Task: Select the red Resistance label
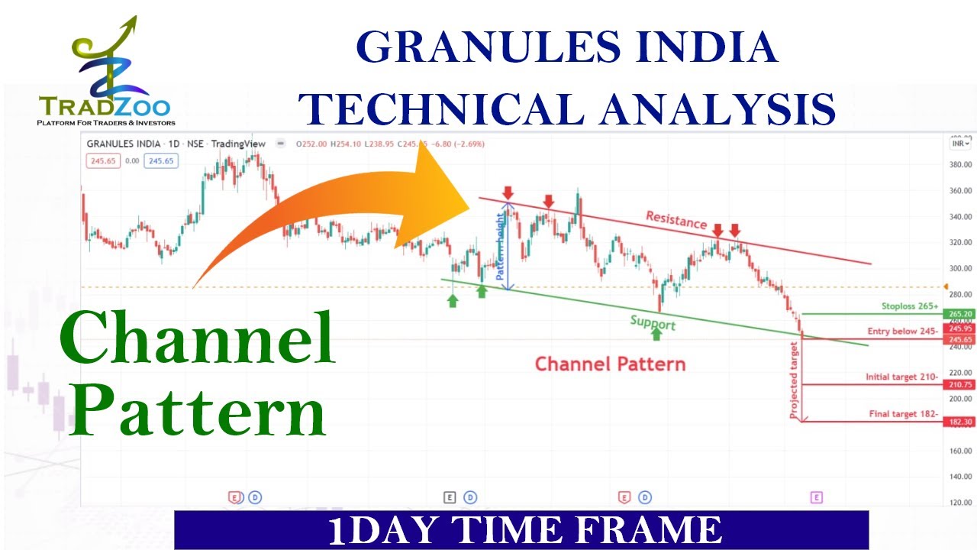676,220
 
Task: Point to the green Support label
653,323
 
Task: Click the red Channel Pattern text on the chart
610,364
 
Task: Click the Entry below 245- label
901,332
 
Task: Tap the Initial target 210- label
901,377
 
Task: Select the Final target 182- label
902,414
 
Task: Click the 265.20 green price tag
959,314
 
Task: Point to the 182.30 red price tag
959,422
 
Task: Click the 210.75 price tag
959,384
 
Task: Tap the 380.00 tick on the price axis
960,164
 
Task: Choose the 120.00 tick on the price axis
960,502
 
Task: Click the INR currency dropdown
959,143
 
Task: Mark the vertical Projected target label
795,380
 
